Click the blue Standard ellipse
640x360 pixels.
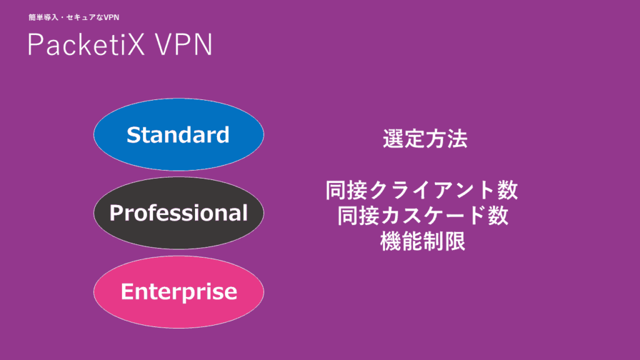[x=179, y=134]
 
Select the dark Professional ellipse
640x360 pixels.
[x=179, y=212]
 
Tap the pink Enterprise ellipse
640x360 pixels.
[x=179, y=291]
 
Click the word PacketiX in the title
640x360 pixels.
[x=86, y=44]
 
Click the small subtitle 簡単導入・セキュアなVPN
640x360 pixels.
[x=74, y=17]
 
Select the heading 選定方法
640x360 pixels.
[x=425, y=139]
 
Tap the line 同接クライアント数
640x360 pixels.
[x=422, y=190]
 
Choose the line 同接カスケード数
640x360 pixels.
[x=423, y=216]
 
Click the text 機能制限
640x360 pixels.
[x=423, y=241]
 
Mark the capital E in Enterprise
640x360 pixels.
[x=127, y=291]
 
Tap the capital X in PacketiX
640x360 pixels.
[x=134, y=44]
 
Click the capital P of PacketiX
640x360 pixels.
[x=36, y=44]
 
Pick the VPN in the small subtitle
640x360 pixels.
[x=111, y=17]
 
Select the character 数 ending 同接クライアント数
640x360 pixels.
[x=508, y=190]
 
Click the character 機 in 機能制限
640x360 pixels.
[x=391, y=241]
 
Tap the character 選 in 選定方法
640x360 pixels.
[x=393, y=139]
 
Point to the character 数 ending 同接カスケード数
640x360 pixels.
[x=498, y=216]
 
